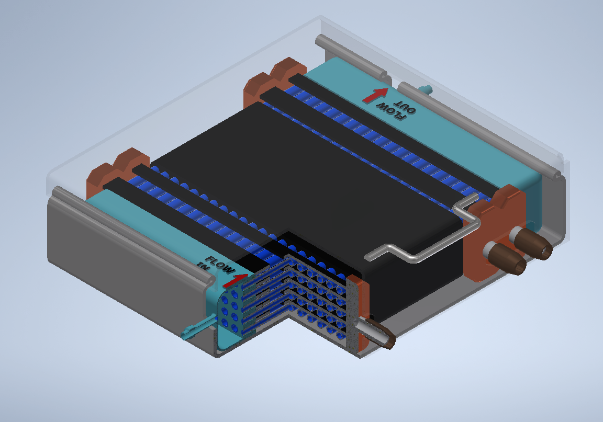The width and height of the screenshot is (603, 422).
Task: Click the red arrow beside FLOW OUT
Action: click(x=375, y=95)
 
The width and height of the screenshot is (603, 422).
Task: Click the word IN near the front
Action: click(x=203, y=266)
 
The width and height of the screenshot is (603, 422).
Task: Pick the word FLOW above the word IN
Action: click(x=220, y=265)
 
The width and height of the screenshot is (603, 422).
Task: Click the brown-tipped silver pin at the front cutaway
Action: click(x=376, y=332)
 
